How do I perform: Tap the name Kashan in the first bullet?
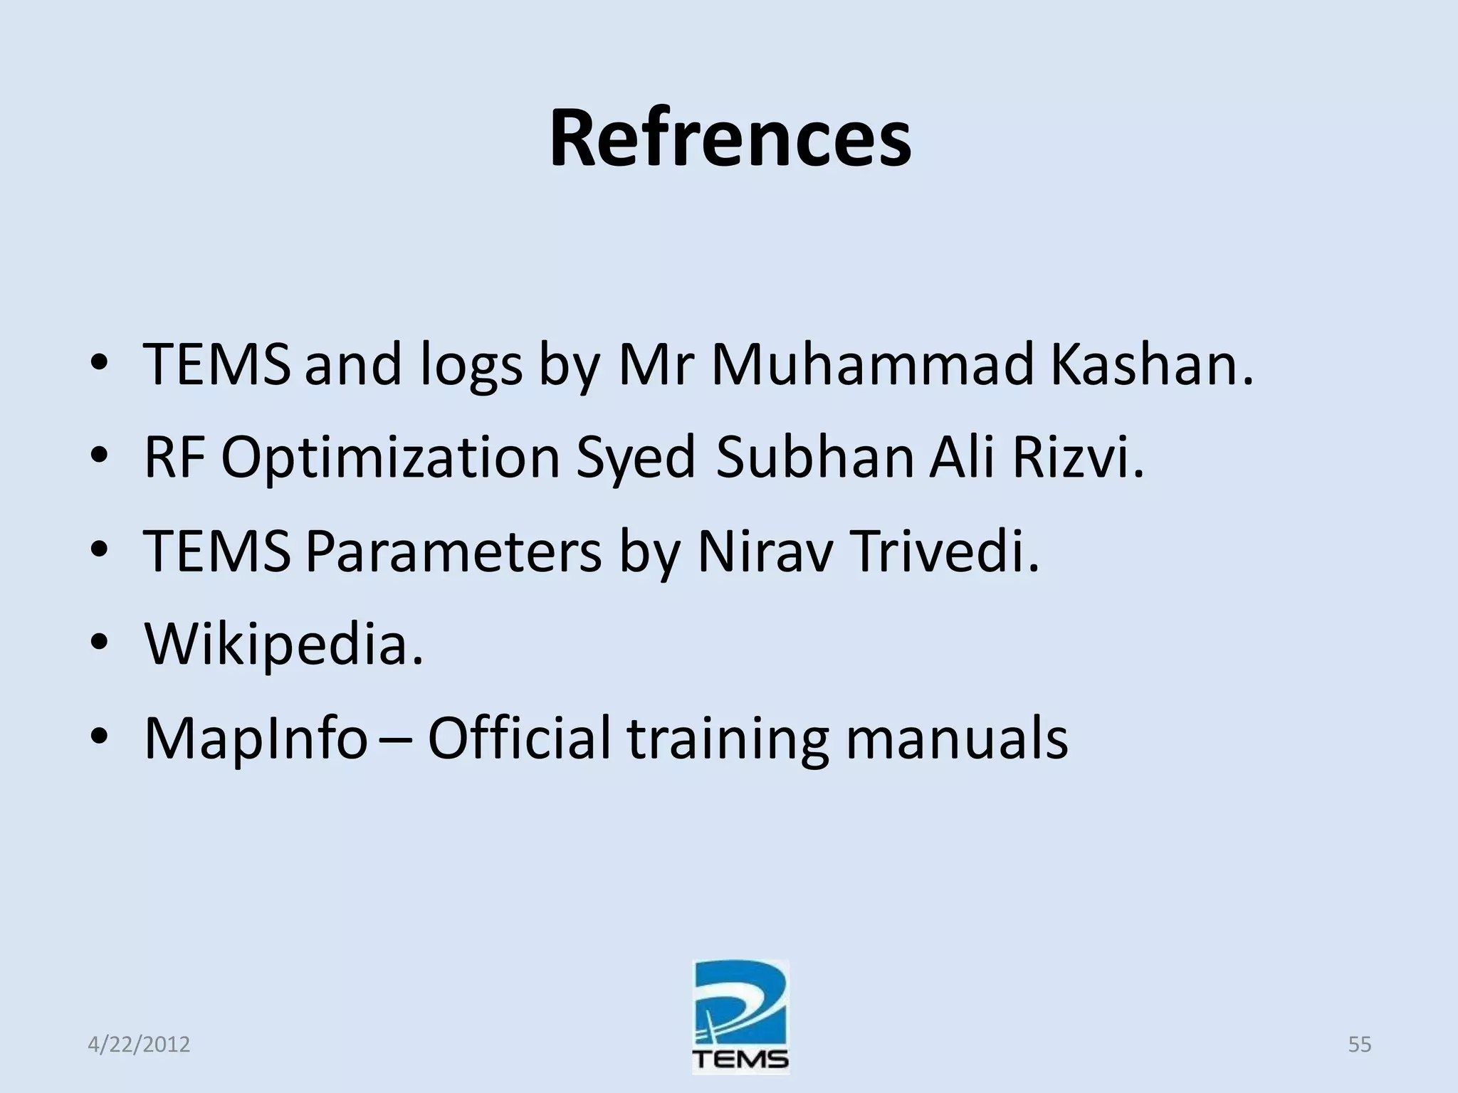pyautogui.click(x=1151, y=365)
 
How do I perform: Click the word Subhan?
pyautogui.click(x=814, y=458)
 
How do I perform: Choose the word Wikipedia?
pyautogui.click(x=283, y=645)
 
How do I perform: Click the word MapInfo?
pyautogui.click(x=256, y=739)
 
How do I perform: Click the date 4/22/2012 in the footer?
pyautogui.click(x=139, y=1045)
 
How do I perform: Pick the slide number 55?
pyautogui.click(x=1359, y=1045)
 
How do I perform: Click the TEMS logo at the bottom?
pyautogui.click(x=740, y=1017)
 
